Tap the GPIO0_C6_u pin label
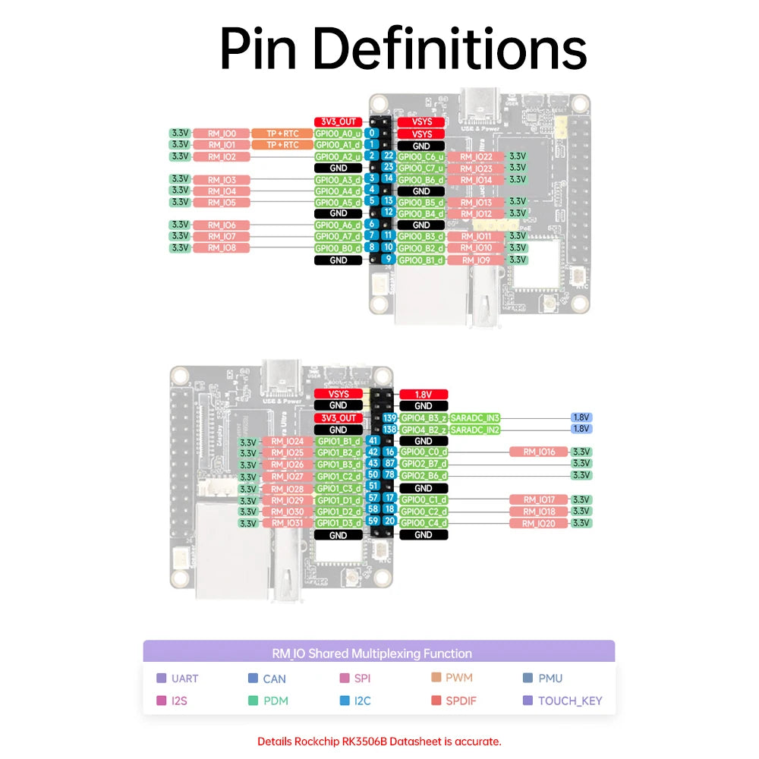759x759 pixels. point(421,156)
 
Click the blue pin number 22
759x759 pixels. point(388,156)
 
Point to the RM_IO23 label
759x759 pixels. point(475,168)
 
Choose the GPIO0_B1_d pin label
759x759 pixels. point(421,260)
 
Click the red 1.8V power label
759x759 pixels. point(423,395)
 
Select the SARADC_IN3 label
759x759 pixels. point(475,418)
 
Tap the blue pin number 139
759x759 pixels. point(389,418)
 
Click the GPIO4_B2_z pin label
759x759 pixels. point(424,430)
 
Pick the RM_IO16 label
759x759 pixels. point(539,452)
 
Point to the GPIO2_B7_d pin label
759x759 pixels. point(424,463)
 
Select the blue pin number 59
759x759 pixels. point(373,521)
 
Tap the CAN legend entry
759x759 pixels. point(274,679)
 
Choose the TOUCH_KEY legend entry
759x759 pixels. point(569,701)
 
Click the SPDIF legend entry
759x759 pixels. point(461,701)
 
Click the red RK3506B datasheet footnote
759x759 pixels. point(379,742)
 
